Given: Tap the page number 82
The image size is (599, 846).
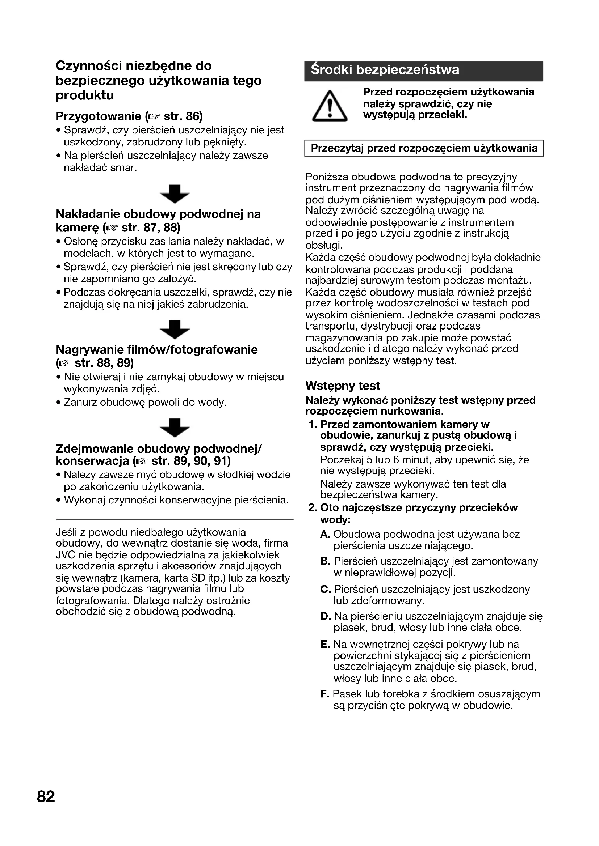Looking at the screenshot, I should (x=46, y=796).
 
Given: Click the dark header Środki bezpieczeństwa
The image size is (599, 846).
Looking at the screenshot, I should (x=423, y=71).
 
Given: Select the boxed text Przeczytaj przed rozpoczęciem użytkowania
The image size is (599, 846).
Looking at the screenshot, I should (x=424, y=148).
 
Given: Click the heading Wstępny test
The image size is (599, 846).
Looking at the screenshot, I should (x=343, y=386).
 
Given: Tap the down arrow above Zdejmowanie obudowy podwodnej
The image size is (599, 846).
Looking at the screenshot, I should (x=175, y=428).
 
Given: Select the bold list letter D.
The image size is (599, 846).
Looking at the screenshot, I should (x=325, y=616).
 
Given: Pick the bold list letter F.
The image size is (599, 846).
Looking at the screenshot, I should (x=324, y=694).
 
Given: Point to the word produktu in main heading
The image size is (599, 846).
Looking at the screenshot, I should (x=85, y=95).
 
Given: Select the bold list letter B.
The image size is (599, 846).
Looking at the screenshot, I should (x=325, y=562).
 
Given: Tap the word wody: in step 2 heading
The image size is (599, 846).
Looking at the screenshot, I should (x=335, y=520).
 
